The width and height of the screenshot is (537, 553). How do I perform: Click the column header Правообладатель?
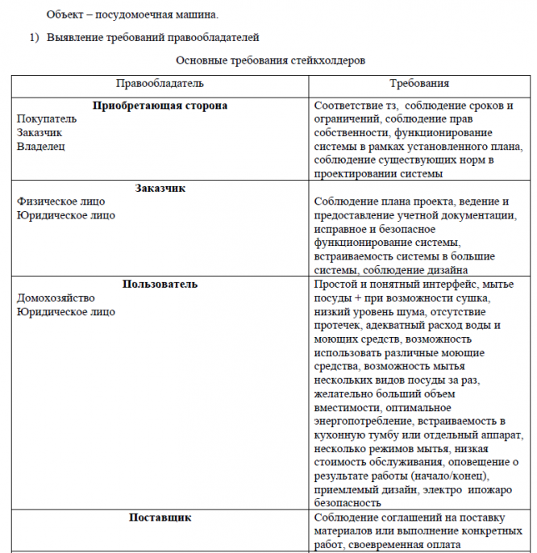160,83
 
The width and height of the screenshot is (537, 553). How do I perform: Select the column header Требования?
419,83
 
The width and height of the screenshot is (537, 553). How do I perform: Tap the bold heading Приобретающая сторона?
160,106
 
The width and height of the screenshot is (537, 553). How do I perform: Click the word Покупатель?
47,118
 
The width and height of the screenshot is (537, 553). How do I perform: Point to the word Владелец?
41,146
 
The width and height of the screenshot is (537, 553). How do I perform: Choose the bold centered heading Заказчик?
160,188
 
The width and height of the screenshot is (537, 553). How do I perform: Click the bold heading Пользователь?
160,284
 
